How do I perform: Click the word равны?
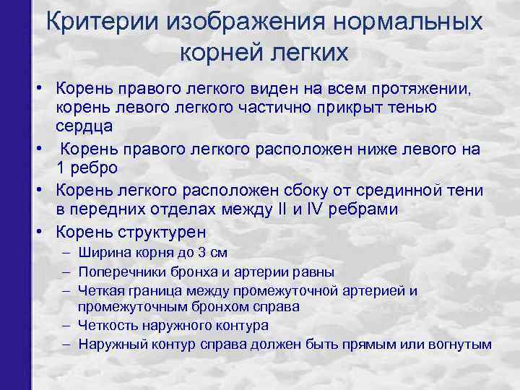(x=313, y=272)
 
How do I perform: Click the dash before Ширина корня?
(x=66, y=253)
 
